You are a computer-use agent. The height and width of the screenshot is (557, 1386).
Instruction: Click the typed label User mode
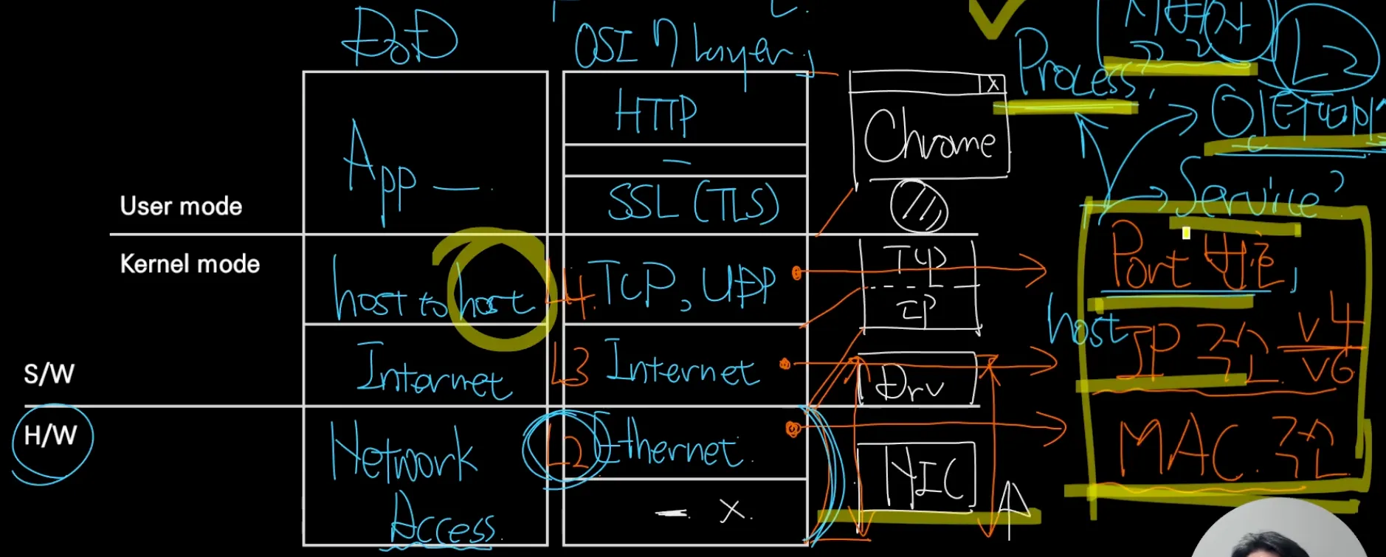181,206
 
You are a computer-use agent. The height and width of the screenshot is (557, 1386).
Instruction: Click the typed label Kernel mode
190,264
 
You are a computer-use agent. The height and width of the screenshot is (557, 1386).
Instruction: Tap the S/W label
49,374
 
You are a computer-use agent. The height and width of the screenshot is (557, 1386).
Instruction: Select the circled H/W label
51,436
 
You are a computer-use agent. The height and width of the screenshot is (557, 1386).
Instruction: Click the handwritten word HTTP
655,114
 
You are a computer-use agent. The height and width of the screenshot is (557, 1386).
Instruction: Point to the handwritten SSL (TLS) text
693,203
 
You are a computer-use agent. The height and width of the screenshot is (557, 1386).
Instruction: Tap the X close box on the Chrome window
993,84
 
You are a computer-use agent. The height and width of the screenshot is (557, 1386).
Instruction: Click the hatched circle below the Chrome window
918,207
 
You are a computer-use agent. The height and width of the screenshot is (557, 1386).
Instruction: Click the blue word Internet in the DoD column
432,373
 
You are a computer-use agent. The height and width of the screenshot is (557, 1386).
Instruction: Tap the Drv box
915,382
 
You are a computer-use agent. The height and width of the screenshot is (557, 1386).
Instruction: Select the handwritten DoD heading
399,37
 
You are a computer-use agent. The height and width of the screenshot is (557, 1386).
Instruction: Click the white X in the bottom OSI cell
731,510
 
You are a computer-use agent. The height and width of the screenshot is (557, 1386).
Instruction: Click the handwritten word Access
443,523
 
